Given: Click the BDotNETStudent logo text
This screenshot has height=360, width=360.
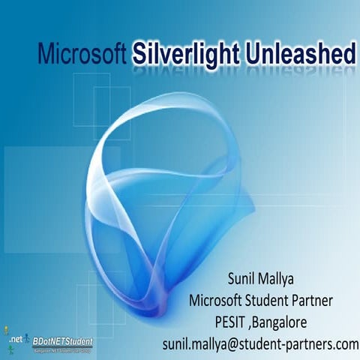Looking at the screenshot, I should tap(62, 340).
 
